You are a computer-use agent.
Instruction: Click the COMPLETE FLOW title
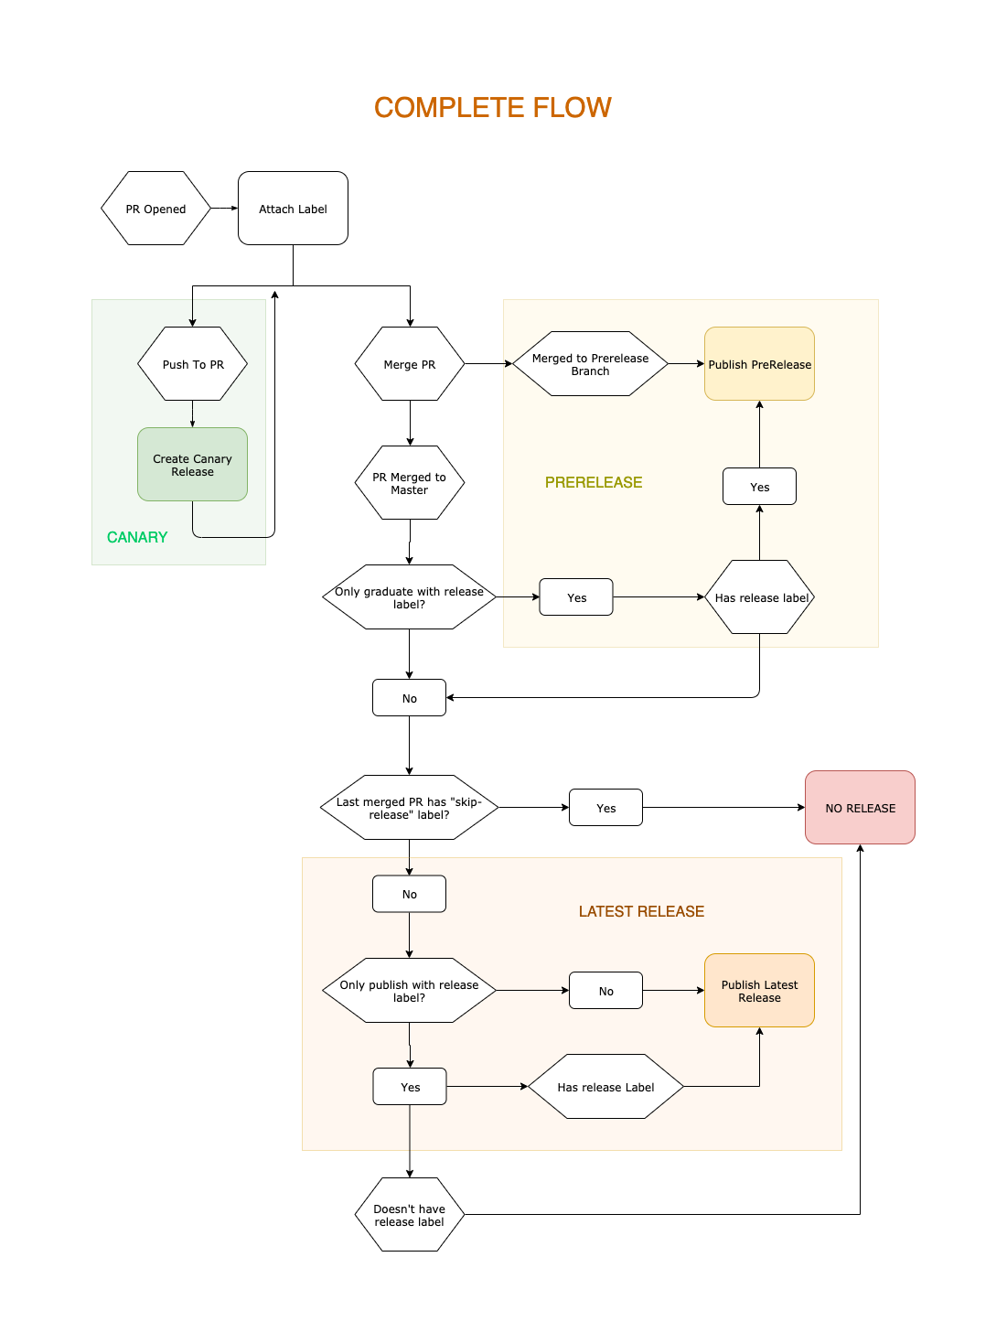pos(492,108)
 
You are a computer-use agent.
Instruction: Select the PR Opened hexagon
pos(155,209)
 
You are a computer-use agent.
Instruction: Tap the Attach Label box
pos(293,209)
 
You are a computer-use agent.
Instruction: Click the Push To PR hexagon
pos(192,364)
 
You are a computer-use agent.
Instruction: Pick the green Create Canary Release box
pos(192,465)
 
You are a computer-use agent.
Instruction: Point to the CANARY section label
pos(137,537)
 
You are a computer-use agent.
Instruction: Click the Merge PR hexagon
pos(409,364)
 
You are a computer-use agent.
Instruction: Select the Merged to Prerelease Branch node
pos(590,364)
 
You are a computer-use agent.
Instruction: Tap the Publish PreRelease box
pos(759,364)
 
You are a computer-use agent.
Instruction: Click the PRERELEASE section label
pos(594,482)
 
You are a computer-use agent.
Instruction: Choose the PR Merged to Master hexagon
pos(409,483)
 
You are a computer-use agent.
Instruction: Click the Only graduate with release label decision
pos(409,597)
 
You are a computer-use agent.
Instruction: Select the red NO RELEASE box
pos(860,808)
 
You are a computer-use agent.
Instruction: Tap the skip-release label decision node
pos(409,808)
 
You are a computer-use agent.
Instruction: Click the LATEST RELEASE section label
pos(641,911)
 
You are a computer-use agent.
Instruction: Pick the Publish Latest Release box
pos(759,991)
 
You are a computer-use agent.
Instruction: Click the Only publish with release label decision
pos(409,991)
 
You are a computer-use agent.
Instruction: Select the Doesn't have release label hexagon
pos(409,1215)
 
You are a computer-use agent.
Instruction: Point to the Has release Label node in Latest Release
pos(605,1087)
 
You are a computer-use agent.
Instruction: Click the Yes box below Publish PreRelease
pos(759,487)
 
